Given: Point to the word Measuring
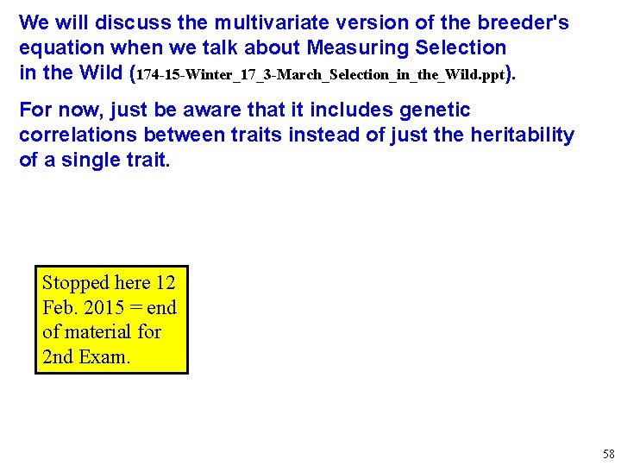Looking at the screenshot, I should (x=337, y=47).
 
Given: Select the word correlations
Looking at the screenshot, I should (x=78, y=135).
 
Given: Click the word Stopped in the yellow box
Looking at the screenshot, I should (x=76, y=283).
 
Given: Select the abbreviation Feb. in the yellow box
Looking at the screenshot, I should (x=57, y=307).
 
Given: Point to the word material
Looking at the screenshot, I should (x=97, y=331).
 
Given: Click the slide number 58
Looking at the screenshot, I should (x=609, y=454).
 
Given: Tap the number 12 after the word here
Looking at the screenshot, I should (x=166, y=283).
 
